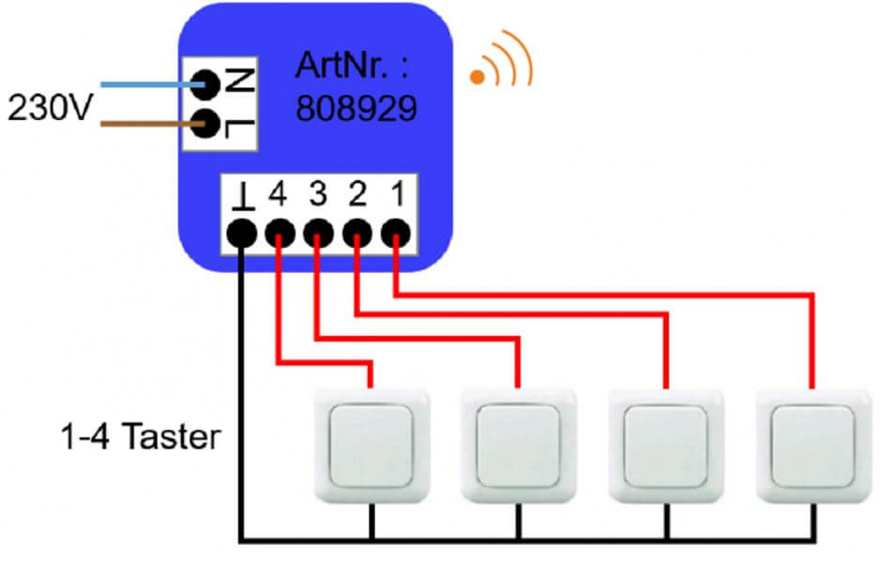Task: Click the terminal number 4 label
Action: [x=278, y=194]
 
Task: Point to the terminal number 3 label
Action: [x=318, y=194]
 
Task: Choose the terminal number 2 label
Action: [x=357, y=194]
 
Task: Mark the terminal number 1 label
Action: [x=398, y=194]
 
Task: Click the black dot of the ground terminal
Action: [x=242, y=232]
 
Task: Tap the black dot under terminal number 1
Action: [x=397, y=231]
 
